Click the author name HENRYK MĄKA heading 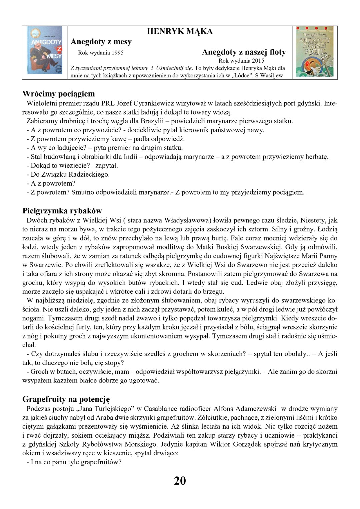point(180,31)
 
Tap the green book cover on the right point(315,52)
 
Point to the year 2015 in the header point(258,61)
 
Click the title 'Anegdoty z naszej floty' point(244,52)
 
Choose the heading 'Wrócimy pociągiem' point(58,94)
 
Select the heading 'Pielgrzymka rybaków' point(62,211)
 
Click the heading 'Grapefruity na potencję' point(66,399)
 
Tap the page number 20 point(180,481)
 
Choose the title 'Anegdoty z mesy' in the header point(101,42)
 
